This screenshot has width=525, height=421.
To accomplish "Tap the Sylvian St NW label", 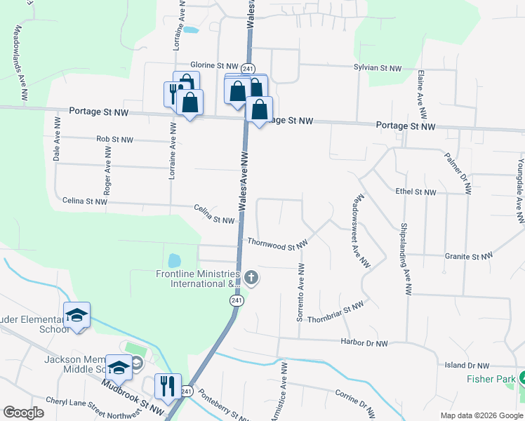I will tap(378, 68).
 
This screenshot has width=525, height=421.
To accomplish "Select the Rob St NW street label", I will tap(114, 140).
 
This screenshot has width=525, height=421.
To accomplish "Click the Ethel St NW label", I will tap(416, 192).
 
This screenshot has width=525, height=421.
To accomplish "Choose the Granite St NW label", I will tap(466, 256).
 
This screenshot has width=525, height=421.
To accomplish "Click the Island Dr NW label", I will tap(466, 365).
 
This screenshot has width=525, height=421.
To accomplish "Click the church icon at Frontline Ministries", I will tap(251, 279).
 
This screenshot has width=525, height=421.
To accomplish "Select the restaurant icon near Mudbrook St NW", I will tap(168, 385).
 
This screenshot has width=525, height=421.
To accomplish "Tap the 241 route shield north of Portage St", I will tap(247, 68).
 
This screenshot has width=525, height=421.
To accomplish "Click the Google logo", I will tap(23, 413).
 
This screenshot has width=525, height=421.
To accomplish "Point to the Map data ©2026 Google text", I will tap(480, 415).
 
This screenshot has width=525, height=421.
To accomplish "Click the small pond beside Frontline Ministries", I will tap(174, 260).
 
